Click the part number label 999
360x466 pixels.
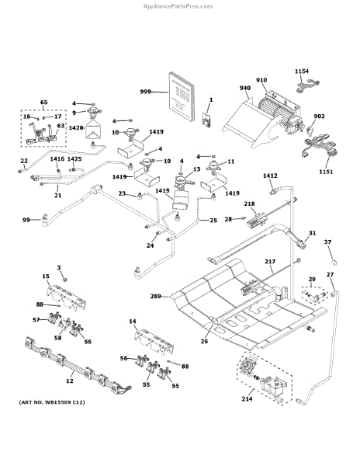pos(145,92)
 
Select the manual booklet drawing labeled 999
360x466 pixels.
pos(182,96)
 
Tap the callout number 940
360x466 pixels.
pos(245,88)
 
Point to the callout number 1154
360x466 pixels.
pos(302,71)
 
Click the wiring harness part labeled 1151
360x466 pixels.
pos(320,147)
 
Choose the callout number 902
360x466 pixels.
pos(319,116)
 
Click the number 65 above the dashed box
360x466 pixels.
pos(43,103)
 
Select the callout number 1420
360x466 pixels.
pos(76,128)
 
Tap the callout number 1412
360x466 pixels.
pos(270,176)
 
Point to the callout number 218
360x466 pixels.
pos(249,203)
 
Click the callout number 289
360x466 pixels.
pos(155,297)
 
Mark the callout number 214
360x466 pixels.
pos(247,399)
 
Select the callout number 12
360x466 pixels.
pos(70,381)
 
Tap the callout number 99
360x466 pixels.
pos(26,220)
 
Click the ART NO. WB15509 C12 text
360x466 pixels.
pos(52,402)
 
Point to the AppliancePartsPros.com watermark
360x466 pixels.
pos(178,6)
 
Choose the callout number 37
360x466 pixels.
pos(327,242)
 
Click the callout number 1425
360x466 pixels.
pos(74,159)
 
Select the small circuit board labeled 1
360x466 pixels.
pos(206,120)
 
